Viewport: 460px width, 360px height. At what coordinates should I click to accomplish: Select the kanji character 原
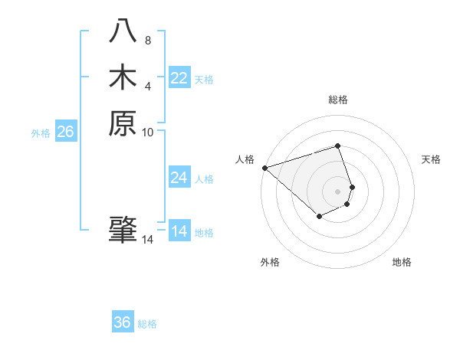click(123, 122)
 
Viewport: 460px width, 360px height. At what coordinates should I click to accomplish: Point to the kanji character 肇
click(123, 230)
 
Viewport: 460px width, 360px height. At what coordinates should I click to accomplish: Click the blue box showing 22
click(179, 78)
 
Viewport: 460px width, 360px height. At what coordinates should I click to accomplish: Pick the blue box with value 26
click(65, 132)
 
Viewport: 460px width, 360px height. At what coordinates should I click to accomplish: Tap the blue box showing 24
click(179, 178)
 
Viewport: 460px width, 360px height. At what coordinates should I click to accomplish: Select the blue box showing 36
click(123, 322)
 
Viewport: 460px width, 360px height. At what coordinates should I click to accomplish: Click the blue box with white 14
click(179, 231)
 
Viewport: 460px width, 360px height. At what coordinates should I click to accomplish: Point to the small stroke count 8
click(148, 41)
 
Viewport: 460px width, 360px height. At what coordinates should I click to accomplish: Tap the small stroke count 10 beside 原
click(148, 132)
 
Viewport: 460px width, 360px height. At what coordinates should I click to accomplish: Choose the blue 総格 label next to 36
click(147, 324)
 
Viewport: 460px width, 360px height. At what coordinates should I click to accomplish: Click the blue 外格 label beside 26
click(41, 133)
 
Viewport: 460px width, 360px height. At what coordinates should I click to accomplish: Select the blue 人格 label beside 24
click(205, 179)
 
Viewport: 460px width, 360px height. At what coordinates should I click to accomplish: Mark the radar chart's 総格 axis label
click(338, 100)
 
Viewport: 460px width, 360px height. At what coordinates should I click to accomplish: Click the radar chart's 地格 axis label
click(402, 262)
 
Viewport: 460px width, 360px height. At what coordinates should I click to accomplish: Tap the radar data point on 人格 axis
click(264, 168)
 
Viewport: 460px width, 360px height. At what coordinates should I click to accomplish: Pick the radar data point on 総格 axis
click(338, 146)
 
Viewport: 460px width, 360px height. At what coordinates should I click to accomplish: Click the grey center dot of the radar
click(338, 191)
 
